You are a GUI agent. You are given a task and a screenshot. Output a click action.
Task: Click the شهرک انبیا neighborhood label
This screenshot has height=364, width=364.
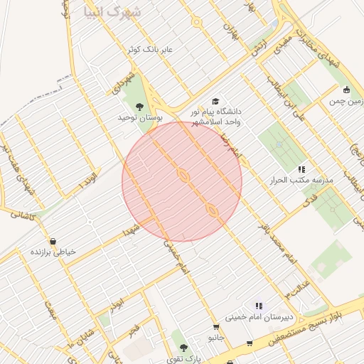tap(112, 11)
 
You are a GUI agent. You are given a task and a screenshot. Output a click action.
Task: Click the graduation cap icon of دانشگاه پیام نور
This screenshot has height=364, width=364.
tap(215, 102)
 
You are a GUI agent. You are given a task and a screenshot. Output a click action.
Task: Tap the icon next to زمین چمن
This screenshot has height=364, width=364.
tap(346, 90)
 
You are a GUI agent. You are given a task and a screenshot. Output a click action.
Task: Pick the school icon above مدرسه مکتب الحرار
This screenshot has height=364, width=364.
tap(301, 169)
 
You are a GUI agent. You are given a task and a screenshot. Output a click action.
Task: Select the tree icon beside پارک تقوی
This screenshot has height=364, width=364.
tap(184, 348)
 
